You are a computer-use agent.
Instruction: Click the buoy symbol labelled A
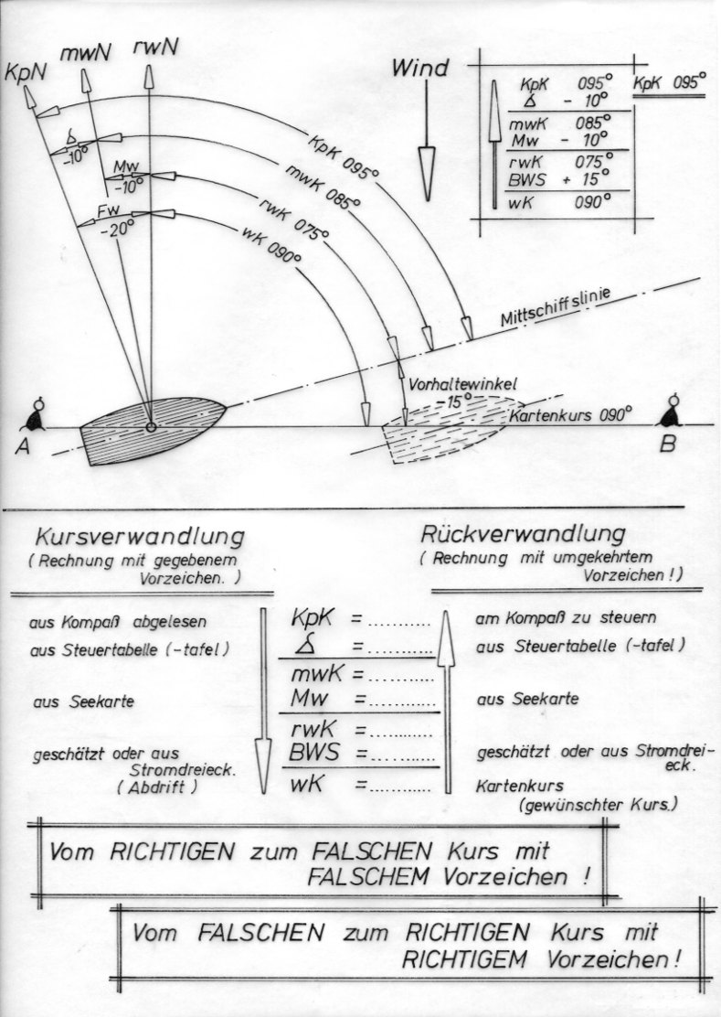pos(33,415)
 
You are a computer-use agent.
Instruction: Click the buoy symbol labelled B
pos(669,412)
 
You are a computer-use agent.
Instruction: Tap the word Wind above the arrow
pos(419,68)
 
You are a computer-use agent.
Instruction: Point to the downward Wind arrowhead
pos(427,173)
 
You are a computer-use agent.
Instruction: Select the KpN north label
pos(25,71)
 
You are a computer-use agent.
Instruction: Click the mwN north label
pos(84,53)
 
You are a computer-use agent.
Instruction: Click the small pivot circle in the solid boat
pos(150,427)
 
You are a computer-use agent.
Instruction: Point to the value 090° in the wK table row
pos(592,202)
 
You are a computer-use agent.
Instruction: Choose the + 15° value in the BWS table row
pos(586,178)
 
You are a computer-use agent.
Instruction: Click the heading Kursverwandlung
pos(140,537)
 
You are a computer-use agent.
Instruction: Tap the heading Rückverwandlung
pos(524,534)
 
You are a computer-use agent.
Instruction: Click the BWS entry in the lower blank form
pos(313,753)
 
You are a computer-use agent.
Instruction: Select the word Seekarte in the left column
pos(97,701)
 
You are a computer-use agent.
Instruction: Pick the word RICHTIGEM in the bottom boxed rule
pos(464,960)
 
